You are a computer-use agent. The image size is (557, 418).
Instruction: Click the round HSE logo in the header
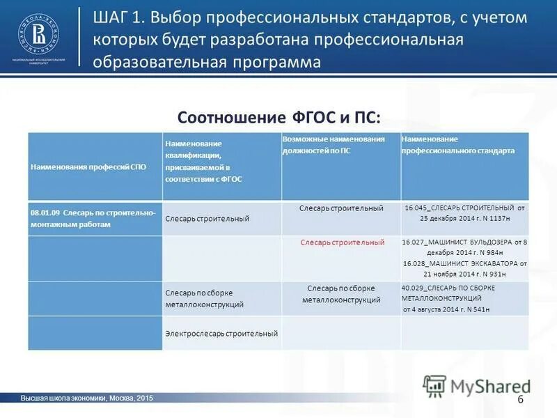pyautogui.click(x=38, y=35)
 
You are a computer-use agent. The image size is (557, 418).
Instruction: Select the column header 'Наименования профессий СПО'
pyautogui.click(x=88, y=167)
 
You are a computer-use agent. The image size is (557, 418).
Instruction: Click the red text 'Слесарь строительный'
pyautogui.click(x=343, y=242)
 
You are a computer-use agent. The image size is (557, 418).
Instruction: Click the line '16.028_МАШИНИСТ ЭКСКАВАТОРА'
pyautogui.click(x=465, y=269)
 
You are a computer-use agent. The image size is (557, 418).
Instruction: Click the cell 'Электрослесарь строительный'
pyautogui.click(x=221, y=334)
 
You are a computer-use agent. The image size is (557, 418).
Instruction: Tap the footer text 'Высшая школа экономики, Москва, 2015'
pyautogui.click(x=86, y=398)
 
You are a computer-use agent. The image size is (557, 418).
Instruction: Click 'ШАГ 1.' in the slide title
pyautogui.click(x=118, y=18)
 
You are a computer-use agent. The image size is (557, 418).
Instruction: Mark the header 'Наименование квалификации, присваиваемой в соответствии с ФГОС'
pyautogui.click(x=203, y=161)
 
